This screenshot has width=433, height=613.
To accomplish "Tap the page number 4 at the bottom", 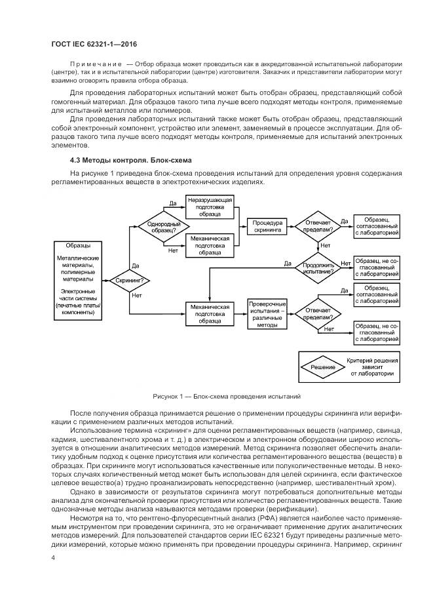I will coord(52,557).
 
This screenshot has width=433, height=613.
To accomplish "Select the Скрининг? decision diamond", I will coord(129,281).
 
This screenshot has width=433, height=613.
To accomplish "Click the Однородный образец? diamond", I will coord(159,227).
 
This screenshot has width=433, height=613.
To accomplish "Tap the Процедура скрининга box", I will coord(267,227).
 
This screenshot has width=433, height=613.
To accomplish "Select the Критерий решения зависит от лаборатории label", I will coord(371,367).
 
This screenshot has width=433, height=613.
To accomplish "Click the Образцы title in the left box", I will coord(79,245).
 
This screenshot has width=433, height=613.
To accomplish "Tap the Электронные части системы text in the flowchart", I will coord(79,295).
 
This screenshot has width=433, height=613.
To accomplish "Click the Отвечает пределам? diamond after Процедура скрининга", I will coord(318,227).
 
